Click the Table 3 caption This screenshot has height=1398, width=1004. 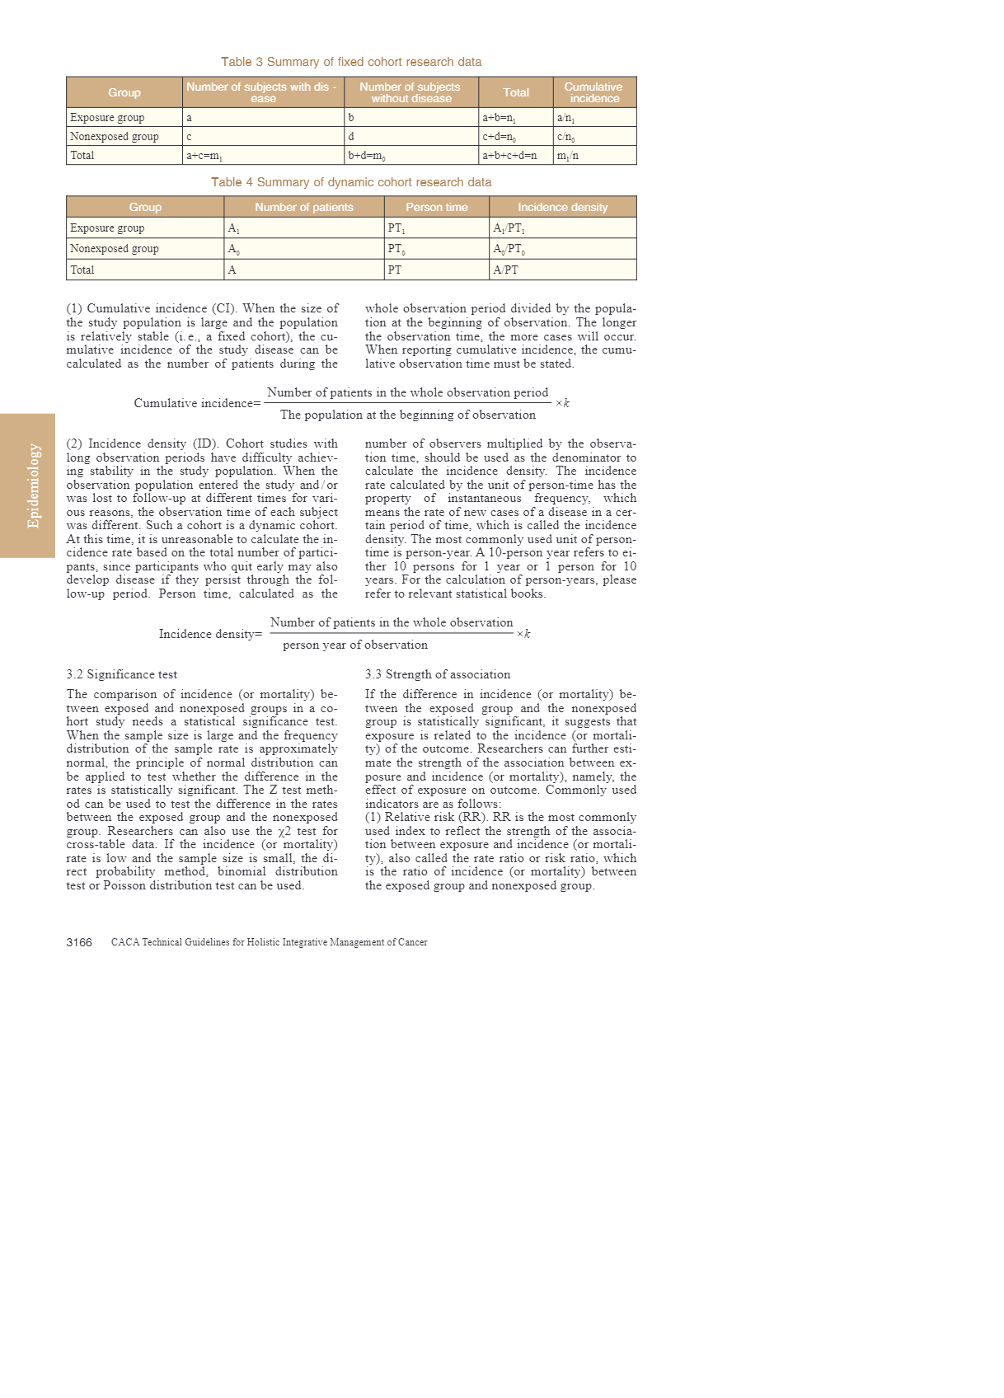(351, 62)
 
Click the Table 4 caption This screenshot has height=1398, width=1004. (351, 182)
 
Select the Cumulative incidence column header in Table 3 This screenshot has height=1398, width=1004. (593, 92)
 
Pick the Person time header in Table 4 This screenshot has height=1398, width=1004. (436, 207)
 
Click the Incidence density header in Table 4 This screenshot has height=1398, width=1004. (562, 207)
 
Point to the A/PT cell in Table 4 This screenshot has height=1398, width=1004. (505, 270)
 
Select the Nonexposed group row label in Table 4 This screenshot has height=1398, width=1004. (115, 249)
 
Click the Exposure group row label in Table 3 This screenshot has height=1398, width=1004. (107, 118)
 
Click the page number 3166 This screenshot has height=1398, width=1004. (79, 942)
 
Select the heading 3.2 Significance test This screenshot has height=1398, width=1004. (122, 674)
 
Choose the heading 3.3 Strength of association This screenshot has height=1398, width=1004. (438, 674)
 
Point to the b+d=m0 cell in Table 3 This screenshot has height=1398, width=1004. (367, 156)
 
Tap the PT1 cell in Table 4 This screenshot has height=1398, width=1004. (396, 228)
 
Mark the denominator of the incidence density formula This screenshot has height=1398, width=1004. (355, 645)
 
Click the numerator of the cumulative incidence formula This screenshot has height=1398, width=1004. (407, 392)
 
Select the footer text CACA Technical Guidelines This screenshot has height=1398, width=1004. (269, 942)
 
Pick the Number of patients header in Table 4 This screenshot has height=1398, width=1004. (303, 207)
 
